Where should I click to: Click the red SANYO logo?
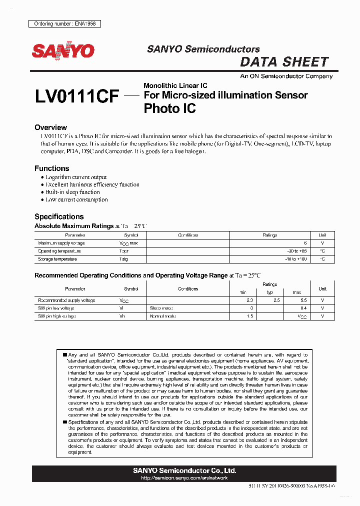pos(63,51)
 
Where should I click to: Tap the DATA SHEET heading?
pos(284,62)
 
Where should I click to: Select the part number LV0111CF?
pos(77,96)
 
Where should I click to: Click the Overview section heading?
pos(50,127)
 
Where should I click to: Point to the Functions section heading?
pos(51,168)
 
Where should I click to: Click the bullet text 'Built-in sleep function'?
pos(72,192)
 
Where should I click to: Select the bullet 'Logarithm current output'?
pos(75,177)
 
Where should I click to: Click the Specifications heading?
pos(58,216)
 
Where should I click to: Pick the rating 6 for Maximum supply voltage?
pos(304,243)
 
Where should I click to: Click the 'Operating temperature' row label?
pos(59,251)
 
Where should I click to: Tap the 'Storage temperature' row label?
pos(57,259)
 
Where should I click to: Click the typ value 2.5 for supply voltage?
pos(270,300)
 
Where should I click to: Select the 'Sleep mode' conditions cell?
pos(161,308)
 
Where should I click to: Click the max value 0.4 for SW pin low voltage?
pos(303,308)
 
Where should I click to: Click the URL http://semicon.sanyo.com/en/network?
pos(184,478)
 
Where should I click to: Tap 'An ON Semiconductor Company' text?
pos(286,76)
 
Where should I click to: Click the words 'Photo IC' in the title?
pos(169,108)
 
